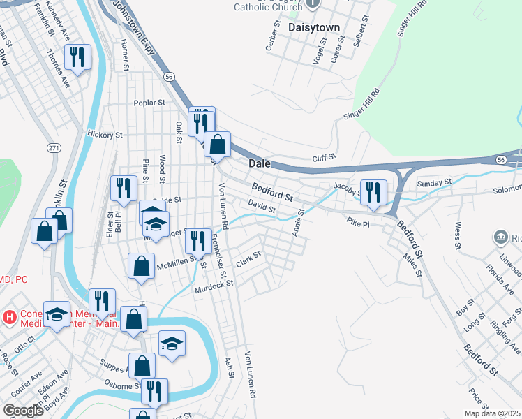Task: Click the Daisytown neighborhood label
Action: tap(313, 27)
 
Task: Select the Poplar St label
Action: tap(149, 102)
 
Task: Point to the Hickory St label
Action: tap(105, 134)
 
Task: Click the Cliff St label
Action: tap(325, 158)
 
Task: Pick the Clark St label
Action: tap(248, 260)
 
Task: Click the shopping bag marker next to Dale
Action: tap(218, 145)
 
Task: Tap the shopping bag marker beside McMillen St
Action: tap(141, 266)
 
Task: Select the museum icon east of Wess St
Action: tap(500, 237)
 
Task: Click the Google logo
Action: tap(23, 410)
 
